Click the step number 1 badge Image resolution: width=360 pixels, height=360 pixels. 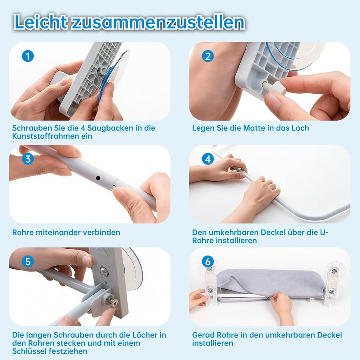pyautogui.click(x=28, y=56)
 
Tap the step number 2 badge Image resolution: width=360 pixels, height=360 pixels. pyautogui.click(x=208, y=56)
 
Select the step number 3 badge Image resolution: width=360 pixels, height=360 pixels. pyautogui.click(x=28, y=159)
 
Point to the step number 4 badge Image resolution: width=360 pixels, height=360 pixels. pyautogui.click(x=208, y=159)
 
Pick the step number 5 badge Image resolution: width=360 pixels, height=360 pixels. pyautogui.click(x=28, y=261)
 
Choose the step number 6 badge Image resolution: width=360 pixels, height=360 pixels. pyautogui.click(x=208, y=261)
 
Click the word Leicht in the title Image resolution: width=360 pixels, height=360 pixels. pyautogui.click(x=41, y=22)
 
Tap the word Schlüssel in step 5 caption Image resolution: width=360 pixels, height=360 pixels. pyautogui.click(x=27, y=351)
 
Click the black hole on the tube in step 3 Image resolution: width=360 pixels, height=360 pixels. pyautogui.click(x=98, y=178)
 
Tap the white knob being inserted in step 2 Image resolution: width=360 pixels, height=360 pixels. pyautogui.click(x=274, y=87)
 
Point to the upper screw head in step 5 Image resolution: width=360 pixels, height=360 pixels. pyautogui.click(x=104, y=272)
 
